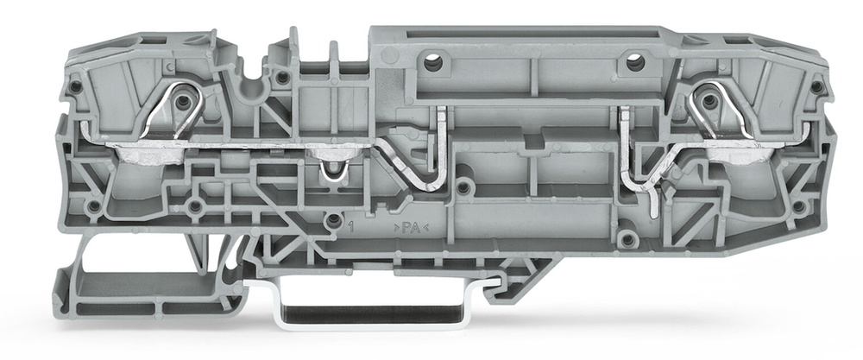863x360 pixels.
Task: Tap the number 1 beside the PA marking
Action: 351,227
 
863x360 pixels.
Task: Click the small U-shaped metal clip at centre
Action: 334,171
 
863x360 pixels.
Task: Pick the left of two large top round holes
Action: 433,63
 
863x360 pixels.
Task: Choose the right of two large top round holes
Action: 635,62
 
